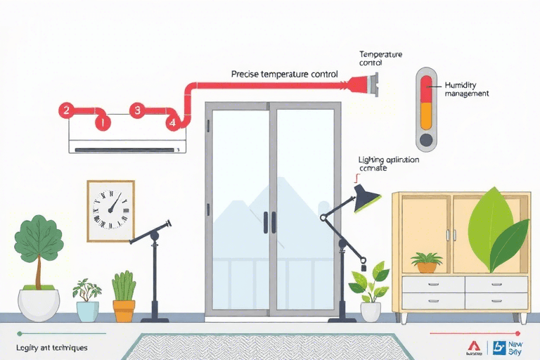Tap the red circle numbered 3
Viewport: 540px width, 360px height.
(137, 110)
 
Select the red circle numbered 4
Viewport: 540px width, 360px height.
(172, 122)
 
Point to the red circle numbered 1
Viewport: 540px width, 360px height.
(103, 122)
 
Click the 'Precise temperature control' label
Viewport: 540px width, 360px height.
(284, 74)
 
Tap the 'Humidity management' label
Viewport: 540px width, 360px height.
(466, 89)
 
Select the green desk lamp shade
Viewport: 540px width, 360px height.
(366, 198)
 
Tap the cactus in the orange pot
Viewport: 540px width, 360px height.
(124, 288)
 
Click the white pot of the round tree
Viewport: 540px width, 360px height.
(39, 304)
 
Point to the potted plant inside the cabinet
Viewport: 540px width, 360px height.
(427, 262)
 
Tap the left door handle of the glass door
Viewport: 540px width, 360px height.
(265, 222)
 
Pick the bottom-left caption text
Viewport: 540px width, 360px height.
(51, 348)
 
